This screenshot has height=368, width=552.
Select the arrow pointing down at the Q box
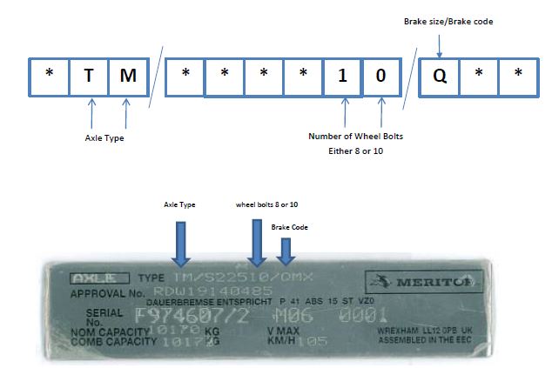[x=439, y=42]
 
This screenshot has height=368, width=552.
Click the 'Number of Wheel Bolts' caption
[x=356, y=136]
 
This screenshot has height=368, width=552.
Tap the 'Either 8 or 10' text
[x=356, y=150]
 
